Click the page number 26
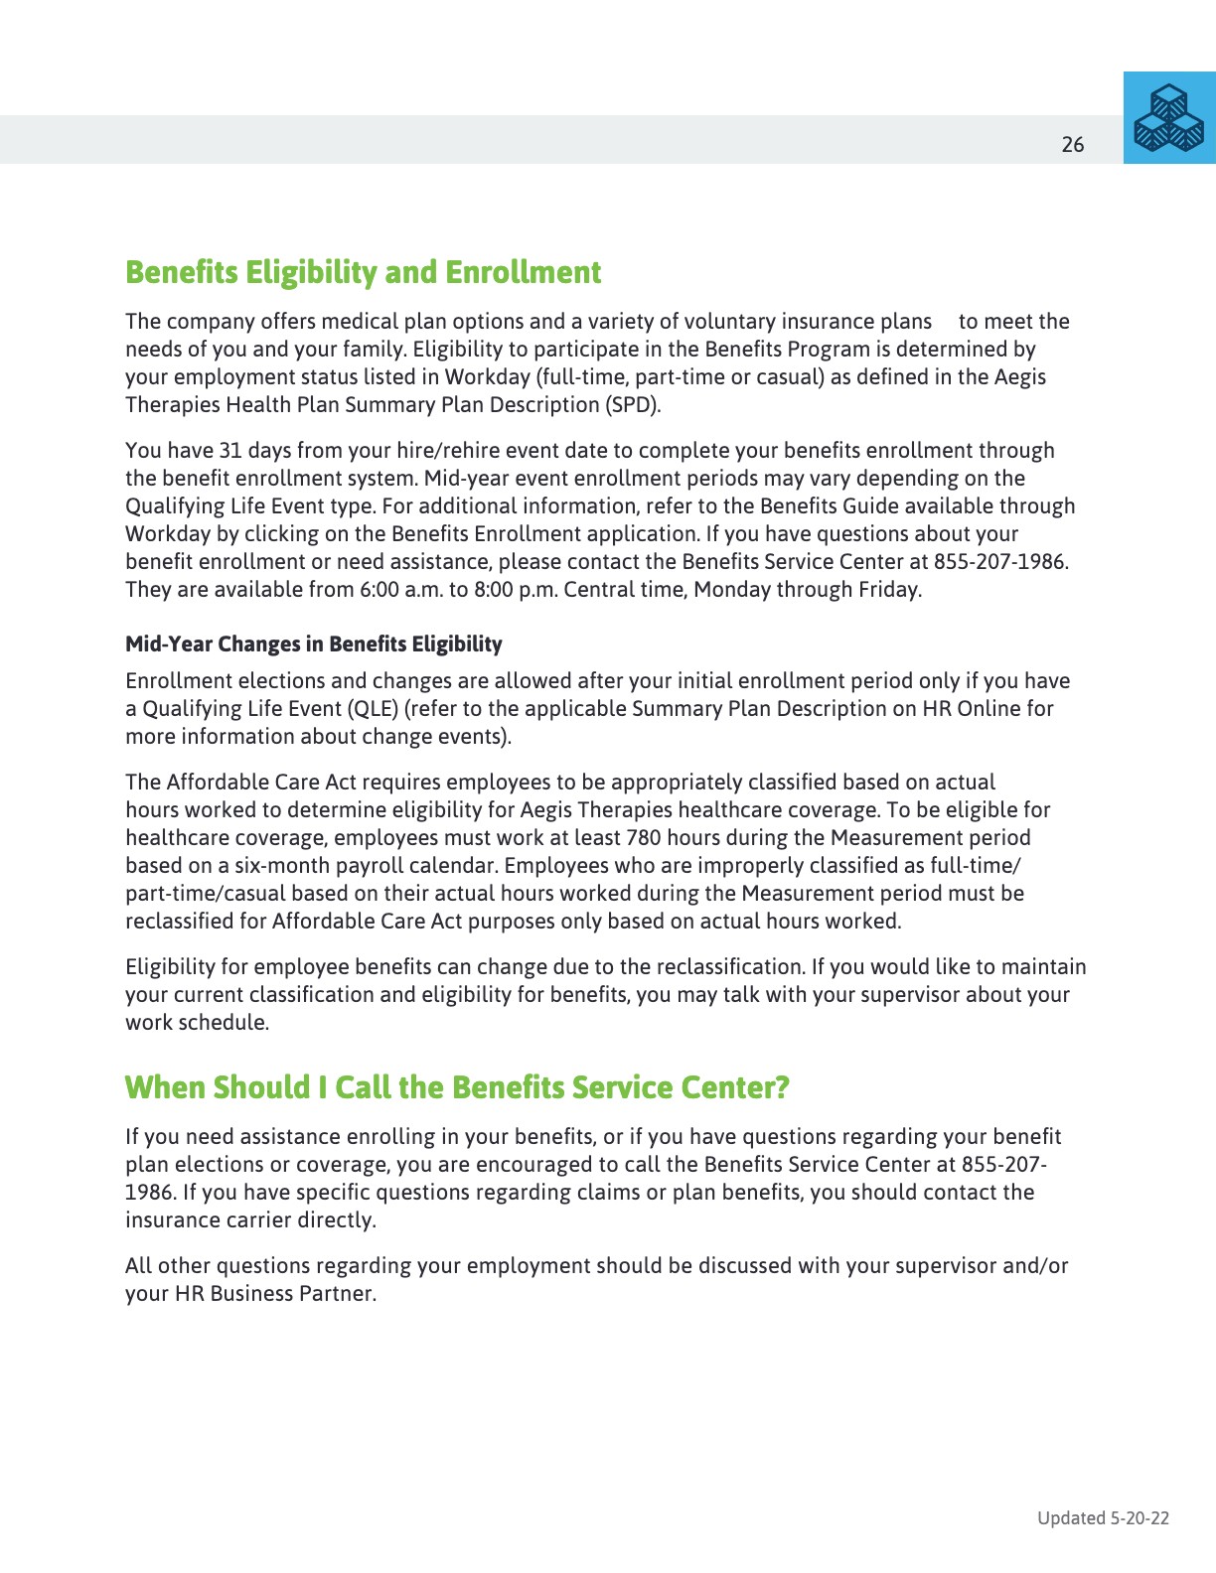[1073, 145]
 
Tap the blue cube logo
[1169, 118]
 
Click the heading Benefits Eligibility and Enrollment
[363, 272]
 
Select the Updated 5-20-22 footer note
[1103, 1517]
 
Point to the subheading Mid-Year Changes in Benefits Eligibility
[313, 644]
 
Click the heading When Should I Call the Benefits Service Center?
[457, 1087]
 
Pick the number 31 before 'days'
[229, 451]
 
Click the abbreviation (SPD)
[631, 405]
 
